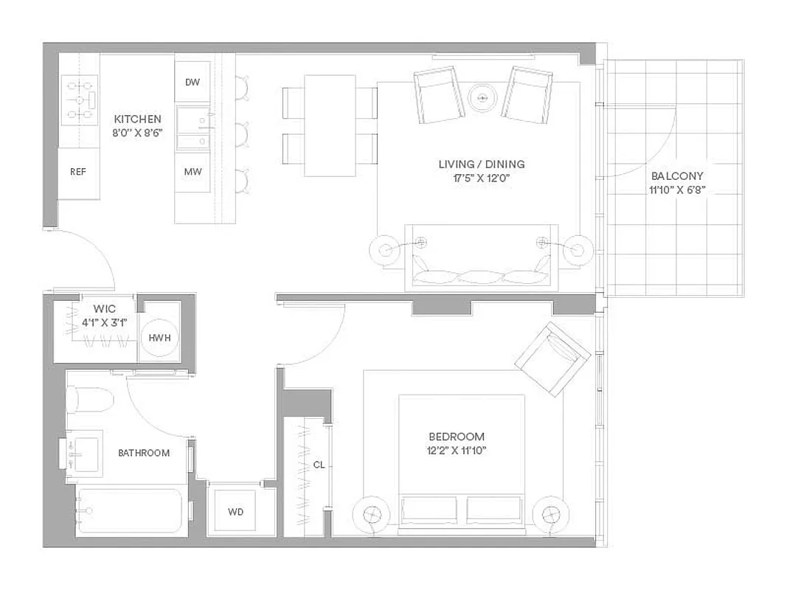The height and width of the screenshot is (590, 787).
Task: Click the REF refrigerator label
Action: click(78, 172)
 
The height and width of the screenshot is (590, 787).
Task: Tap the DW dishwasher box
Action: click(193, 83)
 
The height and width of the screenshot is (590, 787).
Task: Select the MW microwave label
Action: click(193, 172)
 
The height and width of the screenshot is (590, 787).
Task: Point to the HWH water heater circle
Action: click(160, 337)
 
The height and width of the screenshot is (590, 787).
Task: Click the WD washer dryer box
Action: click(235, 512)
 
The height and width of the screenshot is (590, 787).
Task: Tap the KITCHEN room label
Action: click(137, 119)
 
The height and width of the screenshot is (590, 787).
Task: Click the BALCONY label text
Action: click(676, 176)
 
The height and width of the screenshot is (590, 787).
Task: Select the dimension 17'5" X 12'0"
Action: click(482, 178)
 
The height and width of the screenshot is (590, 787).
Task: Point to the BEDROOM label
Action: click(457, 436)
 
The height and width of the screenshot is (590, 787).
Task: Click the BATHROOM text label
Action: click(144, 453)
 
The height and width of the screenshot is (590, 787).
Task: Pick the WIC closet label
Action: click(104, 308)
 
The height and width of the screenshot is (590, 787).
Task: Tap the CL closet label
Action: click(319, 465)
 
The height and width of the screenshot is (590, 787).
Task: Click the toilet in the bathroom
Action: click(89, 400)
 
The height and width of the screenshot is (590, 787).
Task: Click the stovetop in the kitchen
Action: click(79, 100)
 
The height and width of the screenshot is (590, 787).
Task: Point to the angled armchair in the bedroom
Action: click(552, 358)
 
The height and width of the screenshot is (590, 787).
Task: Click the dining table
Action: click(330, 125)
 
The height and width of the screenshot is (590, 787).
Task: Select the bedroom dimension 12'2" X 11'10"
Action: click(457, 450)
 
